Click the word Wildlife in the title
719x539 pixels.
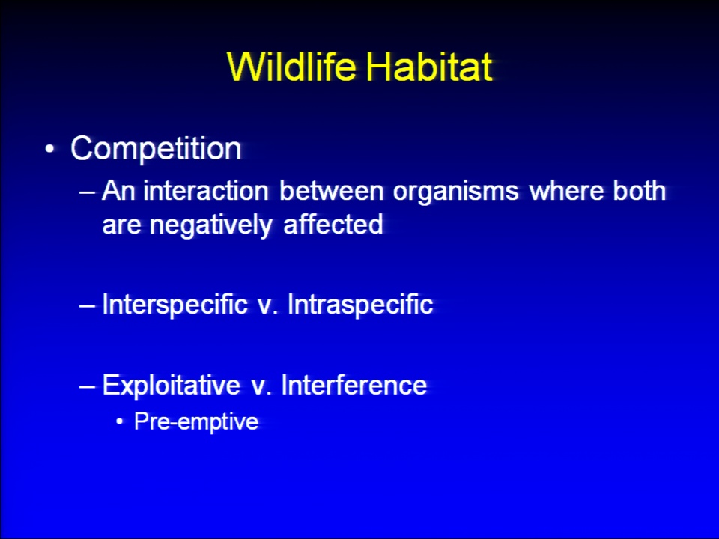291,67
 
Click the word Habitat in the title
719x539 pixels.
429,67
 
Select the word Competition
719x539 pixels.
156,148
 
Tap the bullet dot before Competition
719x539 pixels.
50,149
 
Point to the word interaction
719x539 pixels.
206,191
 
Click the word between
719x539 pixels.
332,191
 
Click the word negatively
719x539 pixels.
211,226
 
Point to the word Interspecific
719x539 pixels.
175,305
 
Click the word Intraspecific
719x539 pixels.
360,305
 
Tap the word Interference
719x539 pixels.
354,385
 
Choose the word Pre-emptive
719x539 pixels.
196,422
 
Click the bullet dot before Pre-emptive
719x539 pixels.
120,421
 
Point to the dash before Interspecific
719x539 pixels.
87,305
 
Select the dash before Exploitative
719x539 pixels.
87,386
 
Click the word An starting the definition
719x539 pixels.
118,191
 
